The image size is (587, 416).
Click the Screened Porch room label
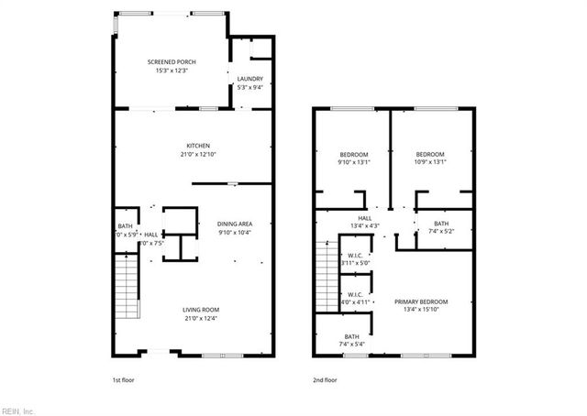click(x=172, y=61)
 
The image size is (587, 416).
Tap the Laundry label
click(x=250, y=79)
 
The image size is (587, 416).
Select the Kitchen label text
click(x=199, y=146)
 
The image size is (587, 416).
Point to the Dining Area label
click(x=235, y=224)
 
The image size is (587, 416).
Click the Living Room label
click(x=201, y=310)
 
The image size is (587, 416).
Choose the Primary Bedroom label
click(x=421, y=301)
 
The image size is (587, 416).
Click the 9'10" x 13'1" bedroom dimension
click(x=354, y=162)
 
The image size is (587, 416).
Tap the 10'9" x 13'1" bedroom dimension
click(x=429, y=162)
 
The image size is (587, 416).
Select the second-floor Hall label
click(x=365, y=218)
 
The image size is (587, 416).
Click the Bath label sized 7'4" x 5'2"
click(x=441, y=224)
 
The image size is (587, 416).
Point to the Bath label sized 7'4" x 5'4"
click(x=352, y=336)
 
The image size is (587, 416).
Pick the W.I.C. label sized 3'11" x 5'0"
click(x=354, y=257)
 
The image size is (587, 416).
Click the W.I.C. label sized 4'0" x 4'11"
click(x=354, y=294)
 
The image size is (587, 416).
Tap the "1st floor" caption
click(x=122, y=378)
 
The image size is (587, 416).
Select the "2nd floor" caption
click(x=324, y=378)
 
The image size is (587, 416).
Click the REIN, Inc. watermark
click(x=17, y=411)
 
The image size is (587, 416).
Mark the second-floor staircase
click(x=327, y=271)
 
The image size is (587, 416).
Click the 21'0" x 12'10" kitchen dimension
click(x=199, y=154)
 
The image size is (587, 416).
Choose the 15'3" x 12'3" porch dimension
click(x=172, y=71)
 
